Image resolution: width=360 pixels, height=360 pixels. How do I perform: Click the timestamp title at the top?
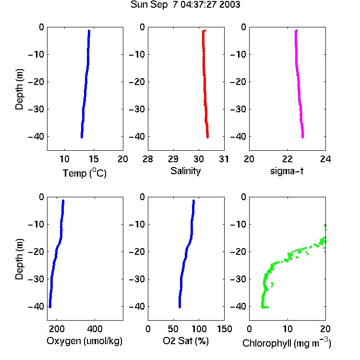pyautogui.click(x=185, y=5)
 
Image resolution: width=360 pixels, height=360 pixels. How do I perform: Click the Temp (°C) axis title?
pyautogui.click(x=84, y=173)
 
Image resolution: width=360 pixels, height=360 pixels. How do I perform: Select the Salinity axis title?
pyautogui.click(x=185, y=171)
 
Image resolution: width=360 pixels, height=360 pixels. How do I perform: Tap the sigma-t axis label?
pyautogui.click(x=287, y=171)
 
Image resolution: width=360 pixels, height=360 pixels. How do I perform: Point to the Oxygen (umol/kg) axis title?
pyautogui.click(x=84, y=341)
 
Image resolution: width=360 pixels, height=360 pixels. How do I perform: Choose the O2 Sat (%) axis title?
pyautogui.click(x=186, y=341)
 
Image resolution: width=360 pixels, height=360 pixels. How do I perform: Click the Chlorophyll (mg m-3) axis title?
pyautogui.click(x=287, y=342)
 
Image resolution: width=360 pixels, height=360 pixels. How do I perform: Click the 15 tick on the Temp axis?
pyautogui.click(x=94, y=159)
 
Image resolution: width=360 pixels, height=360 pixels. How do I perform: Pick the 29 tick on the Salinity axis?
pyautogui.click(x=173, y=159)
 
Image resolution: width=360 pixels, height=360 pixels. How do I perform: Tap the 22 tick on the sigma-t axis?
pyautogui.click(x=288, y=159)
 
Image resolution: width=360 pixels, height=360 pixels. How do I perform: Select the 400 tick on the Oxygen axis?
pyautogui.click(x=95, y=329)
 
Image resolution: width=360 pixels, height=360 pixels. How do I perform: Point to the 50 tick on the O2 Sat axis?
pyautogui.click(x=173, y=329)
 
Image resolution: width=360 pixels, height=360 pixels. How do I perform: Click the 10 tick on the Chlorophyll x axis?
pyautogui.click(x=288, y=329)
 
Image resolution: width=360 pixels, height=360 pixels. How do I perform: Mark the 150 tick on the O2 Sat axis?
pyautogui.click(x=224, y=329)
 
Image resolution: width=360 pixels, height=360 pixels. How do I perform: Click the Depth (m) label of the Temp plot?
pyautogui.click(x=19, y=89)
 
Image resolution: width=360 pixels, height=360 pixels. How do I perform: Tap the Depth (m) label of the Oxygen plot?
pyautogui.click(x=19, y=259)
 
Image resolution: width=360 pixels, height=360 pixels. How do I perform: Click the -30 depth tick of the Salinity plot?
pyautogui.click(x=137, y=109)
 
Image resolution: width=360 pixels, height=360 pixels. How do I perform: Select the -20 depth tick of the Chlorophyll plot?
pyautogui.click(x=238, y=252)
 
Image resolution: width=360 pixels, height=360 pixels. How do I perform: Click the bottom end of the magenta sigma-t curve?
pyautogui.click(x=302, y=137)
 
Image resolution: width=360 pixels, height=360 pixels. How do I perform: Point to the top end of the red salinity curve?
pyautogui.click(x=205, y=30)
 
